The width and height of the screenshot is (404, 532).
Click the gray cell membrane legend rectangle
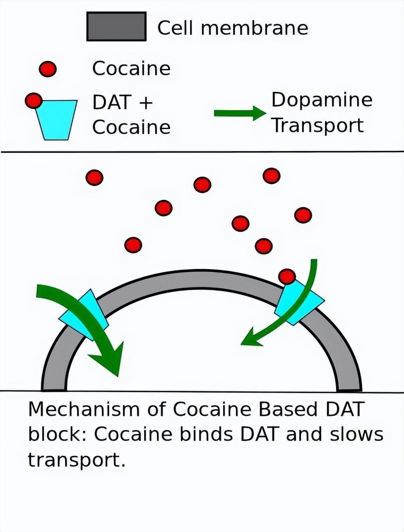click(116, 26)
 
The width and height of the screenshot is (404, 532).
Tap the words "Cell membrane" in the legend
click(232, 28)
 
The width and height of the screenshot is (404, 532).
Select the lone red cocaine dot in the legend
click(48, 69)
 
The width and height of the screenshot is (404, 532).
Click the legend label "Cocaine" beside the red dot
click(131, 69)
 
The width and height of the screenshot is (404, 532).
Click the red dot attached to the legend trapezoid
click(33, 101)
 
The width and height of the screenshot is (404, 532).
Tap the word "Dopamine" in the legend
click(322, 100)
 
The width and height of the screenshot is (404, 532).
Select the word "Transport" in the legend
click(318, 125)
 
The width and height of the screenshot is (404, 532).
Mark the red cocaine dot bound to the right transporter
click(287, 276)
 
